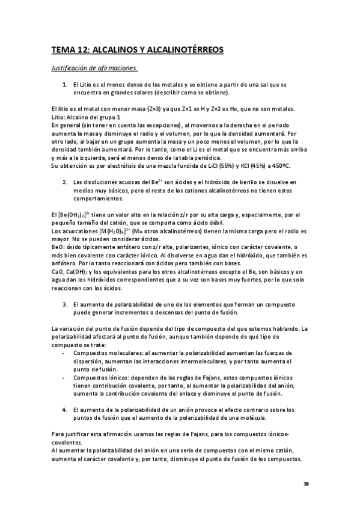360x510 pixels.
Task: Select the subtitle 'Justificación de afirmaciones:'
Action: click(x=94, y=67)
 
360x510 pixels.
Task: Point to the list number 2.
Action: click(x=65, y=181)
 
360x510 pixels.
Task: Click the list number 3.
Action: click(x=65, y=304)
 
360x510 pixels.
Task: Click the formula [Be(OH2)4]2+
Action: click(x=72, y=215)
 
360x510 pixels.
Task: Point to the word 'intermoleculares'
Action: click(x=193, y=361)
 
